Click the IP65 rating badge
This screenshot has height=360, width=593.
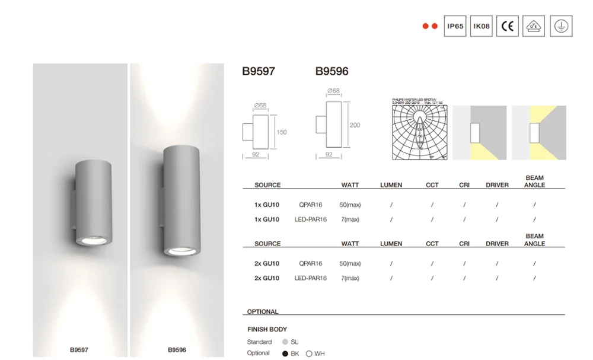(455, 26)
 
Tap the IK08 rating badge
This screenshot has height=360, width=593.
(481, 26)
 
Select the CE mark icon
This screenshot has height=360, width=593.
(507, 26)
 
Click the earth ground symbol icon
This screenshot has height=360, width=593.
(561, 26)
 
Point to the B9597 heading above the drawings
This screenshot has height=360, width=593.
(259, 72)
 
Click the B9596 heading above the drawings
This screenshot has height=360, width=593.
(331, 72)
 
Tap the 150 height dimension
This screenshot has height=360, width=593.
(282, 132)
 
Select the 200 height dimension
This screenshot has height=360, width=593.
(355, 125)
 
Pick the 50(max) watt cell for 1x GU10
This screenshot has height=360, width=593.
(350, 205)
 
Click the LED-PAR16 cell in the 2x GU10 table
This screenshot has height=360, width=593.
(310, 278)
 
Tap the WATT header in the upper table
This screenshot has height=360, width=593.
(350, 185)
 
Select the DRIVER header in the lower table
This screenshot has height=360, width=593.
(497, 244)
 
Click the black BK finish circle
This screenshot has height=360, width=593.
(286, 354)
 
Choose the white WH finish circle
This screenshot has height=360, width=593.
(309, 354)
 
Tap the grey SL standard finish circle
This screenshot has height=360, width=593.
(285, 342)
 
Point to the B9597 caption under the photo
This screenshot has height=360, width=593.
(79, 350)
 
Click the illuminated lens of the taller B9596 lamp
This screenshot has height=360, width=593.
(177, 251)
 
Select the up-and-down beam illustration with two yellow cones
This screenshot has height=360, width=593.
(539, 133)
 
